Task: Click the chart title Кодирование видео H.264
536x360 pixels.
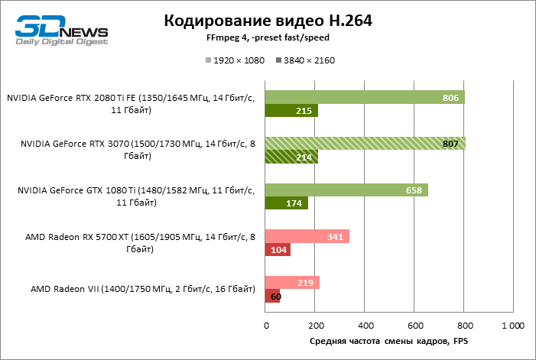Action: (268, 21)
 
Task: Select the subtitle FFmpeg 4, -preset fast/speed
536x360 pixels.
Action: (268, 38)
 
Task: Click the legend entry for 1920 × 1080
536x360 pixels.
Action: (234, 60)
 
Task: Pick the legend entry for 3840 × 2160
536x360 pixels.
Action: (305, 60)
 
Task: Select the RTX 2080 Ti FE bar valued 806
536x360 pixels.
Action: (365, 97)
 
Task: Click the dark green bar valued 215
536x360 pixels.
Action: (291, 111)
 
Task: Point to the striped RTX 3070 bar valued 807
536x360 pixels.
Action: (365, 144)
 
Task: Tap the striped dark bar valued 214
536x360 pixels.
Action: (291, 157)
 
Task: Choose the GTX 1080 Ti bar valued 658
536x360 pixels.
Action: (346, 190)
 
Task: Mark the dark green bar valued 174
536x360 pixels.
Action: (287, 203)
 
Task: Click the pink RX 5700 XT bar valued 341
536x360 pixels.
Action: (307, 236)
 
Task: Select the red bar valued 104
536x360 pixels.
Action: (278, 250)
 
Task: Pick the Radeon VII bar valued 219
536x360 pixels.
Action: (292, 283)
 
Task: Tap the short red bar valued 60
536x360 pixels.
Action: (272, 297)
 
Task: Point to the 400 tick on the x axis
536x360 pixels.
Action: (365, 326)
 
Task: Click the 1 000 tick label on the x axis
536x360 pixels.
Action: (512, 326)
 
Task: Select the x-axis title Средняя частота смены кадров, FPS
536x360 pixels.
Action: (388, 342)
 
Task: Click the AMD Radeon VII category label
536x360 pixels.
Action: (143, 290)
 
